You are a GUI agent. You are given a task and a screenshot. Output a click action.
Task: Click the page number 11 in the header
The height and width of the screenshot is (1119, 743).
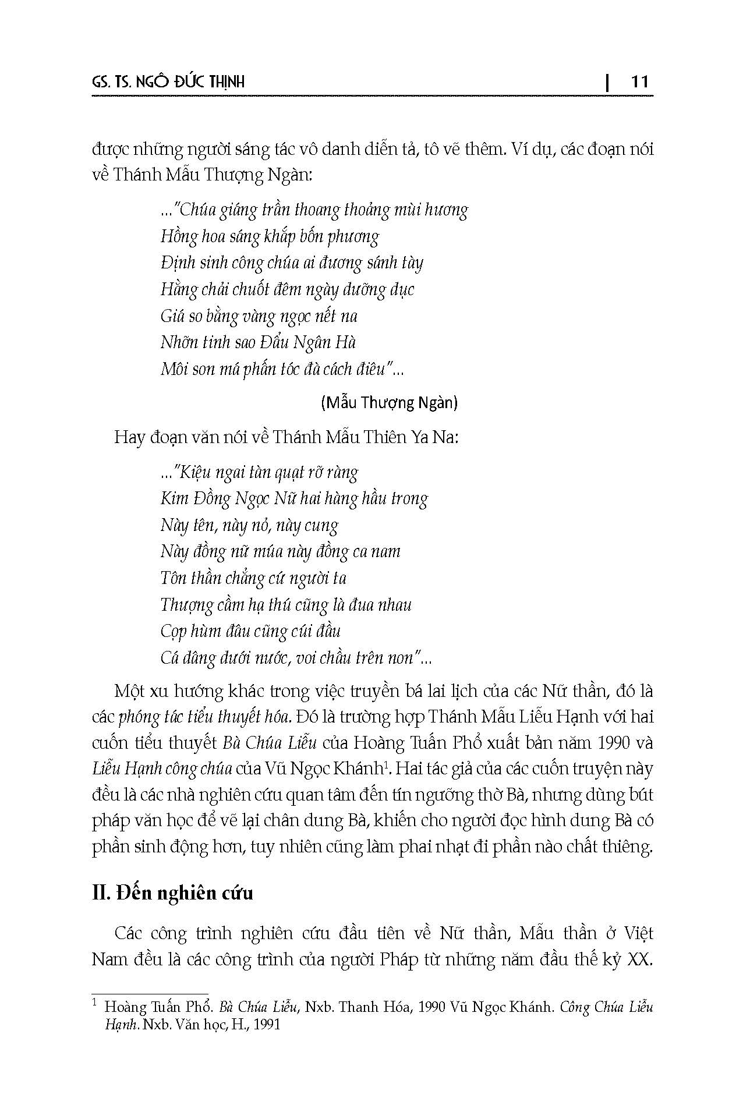point(639,82)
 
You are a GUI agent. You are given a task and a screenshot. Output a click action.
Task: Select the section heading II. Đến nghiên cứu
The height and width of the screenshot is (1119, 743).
point(172,893)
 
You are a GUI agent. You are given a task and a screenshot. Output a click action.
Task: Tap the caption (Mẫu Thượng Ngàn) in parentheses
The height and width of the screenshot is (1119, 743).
point(389,402)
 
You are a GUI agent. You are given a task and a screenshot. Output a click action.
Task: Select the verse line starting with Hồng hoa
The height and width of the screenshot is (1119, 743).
point(270,236)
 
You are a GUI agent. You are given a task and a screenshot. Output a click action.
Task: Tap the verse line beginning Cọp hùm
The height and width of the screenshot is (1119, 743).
point(250,631)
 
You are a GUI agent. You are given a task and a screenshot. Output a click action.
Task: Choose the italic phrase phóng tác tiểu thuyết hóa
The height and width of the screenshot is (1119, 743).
point(204,717)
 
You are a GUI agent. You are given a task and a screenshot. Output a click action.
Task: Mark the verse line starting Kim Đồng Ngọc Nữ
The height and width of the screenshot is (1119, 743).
point(294,499)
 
